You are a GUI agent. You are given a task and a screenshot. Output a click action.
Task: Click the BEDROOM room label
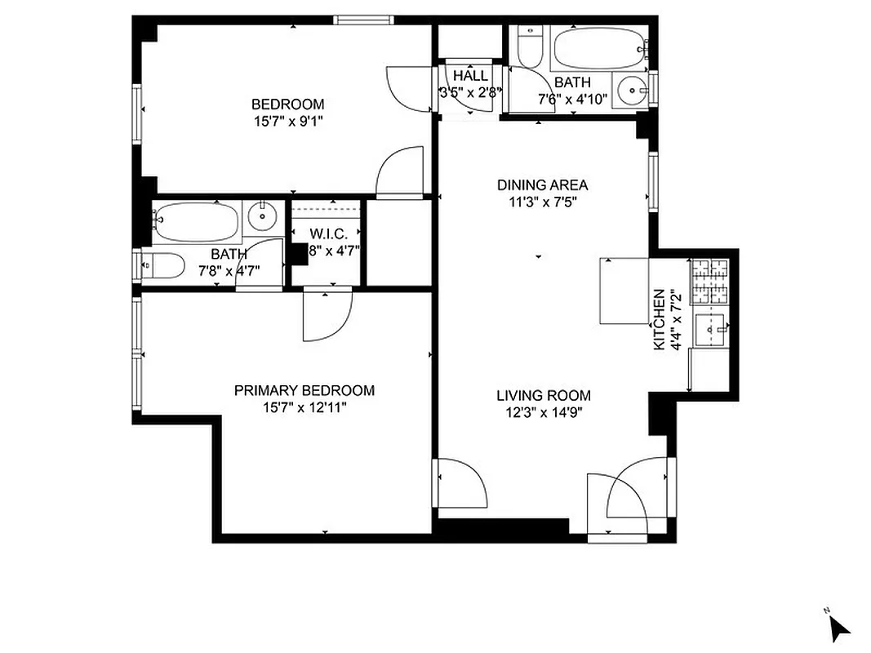[x=287, y=104]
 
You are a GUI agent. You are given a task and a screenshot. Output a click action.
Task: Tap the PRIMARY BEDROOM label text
[x=304, y=391]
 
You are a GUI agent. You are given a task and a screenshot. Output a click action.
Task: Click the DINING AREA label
[x=543, y=185]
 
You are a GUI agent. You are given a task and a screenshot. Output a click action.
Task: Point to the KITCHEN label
[x=658, y=320]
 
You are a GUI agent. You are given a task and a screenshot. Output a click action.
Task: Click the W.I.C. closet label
[x=328, y=234]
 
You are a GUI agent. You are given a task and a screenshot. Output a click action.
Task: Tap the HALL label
[x=470, y=76]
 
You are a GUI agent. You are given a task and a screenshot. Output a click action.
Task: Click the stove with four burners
[x=709, y=280]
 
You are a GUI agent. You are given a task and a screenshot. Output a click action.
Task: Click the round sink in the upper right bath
[x=632, y=89]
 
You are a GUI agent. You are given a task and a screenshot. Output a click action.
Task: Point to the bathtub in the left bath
[x=196, y=221]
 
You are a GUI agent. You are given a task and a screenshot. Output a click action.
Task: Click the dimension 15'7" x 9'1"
[x=287, y=121]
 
